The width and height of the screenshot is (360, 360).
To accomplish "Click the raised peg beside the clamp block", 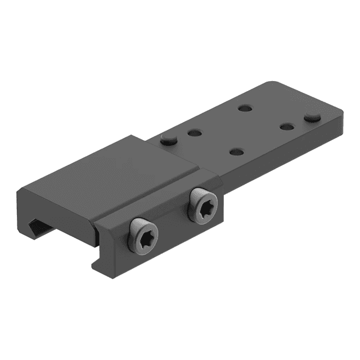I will pyautogui.click(x=168, y=139).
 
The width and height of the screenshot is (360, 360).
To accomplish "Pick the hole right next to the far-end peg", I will pyautogui.click(x=287, y=125).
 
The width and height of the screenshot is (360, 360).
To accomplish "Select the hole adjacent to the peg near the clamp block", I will pyautogui.click(x=194, y=133).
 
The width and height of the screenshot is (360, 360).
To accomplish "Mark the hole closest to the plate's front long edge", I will pyautogui.click(x=237, y=152).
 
